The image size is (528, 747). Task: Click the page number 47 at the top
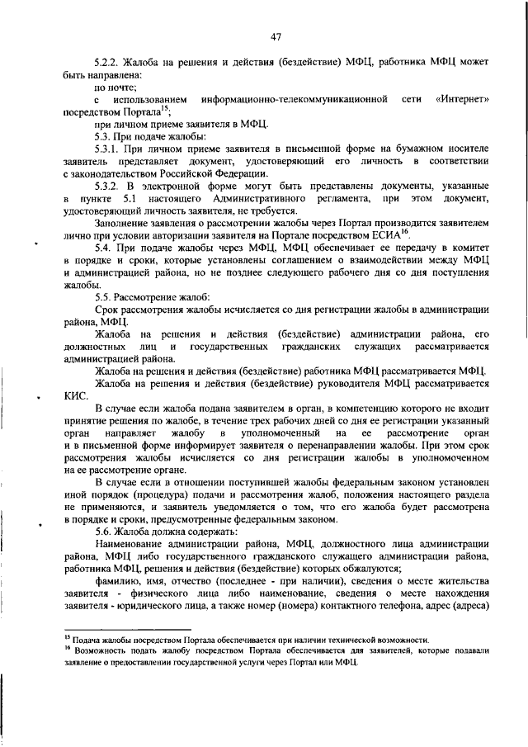(276, 36)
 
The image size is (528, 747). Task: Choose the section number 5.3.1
(109, 149)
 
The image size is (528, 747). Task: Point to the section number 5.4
(104, 248)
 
